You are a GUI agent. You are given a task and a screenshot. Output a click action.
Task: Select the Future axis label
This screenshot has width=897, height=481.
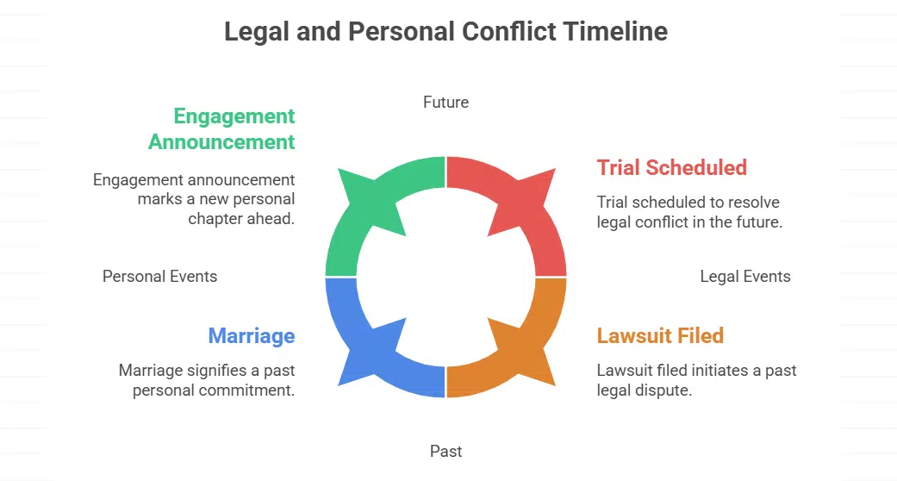(x=445, y=103)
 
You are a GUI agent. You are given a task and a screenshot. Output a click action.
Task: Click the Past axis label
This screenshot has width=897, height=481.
(x=445, y=451)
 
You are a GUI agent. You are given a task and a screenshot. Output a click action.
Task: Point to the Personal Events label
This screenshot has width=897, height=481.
(x=159, y=277)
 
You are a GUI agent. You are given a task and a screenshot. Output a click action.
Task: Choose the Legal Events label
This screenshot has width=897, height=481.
(x=744, y=277)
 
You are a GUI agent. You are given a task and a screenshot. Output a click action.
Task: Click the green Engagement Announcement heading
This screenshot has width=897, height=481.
(x=222, y=128)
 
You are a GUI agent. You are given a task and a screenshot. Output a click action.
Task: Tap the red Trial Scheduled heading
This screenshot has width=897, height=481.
(x=671, y=167)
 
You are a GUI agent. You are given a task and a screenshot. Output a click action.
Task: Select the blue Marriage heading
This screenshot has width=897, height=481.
(x=251, y=335)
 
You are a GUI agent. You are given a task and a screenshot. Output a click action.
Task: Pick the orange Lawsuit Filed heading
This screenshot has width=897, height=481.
(x=660, y=335)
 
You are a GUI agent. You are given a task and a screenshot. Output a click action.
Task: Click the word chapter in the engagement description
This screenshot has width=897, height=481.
(x=215, y=218)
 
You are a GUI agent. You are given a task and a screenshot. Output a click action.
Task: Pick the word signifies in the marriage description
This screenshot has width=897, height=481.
(x=217, y=371)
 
